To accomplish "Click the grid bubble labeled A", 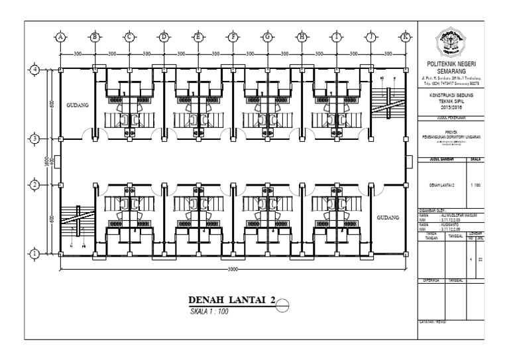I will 60,37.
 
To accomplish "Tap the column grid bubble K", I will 405,37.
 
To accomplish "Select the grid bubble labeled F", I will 233,37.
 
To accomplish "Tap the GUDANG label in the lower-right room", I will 388,218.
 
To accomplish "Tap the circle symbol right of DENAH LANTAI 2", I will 283,304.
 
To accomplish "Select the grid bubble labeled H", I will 302,37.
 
